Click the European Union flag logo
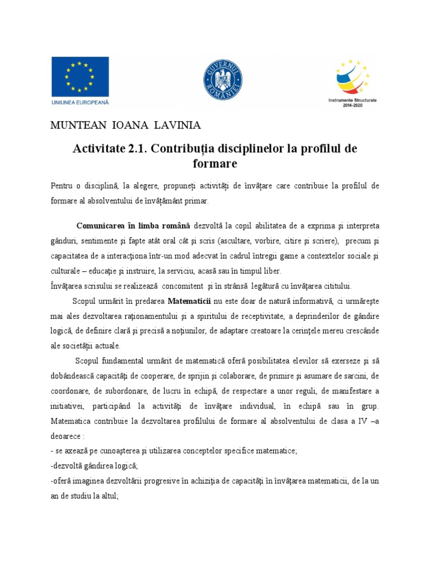[80, 77]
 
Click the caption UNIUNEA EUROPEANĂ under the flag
[80, 102]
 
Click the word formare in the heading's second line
[214, 164]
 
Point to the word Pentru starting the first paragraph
[62, 186]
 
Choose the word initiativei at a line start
[70, 405]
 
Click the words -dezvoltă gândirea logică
[94, 465]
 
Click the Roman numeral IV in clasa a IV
[358, 420]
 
